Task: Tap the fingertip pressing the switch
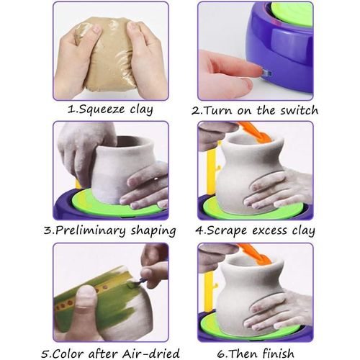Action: click(x=245, y=68)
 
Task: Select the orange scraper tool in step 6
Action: click(x=256, y=253)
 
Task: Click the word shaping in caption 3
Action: click(x=153, y=231)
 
